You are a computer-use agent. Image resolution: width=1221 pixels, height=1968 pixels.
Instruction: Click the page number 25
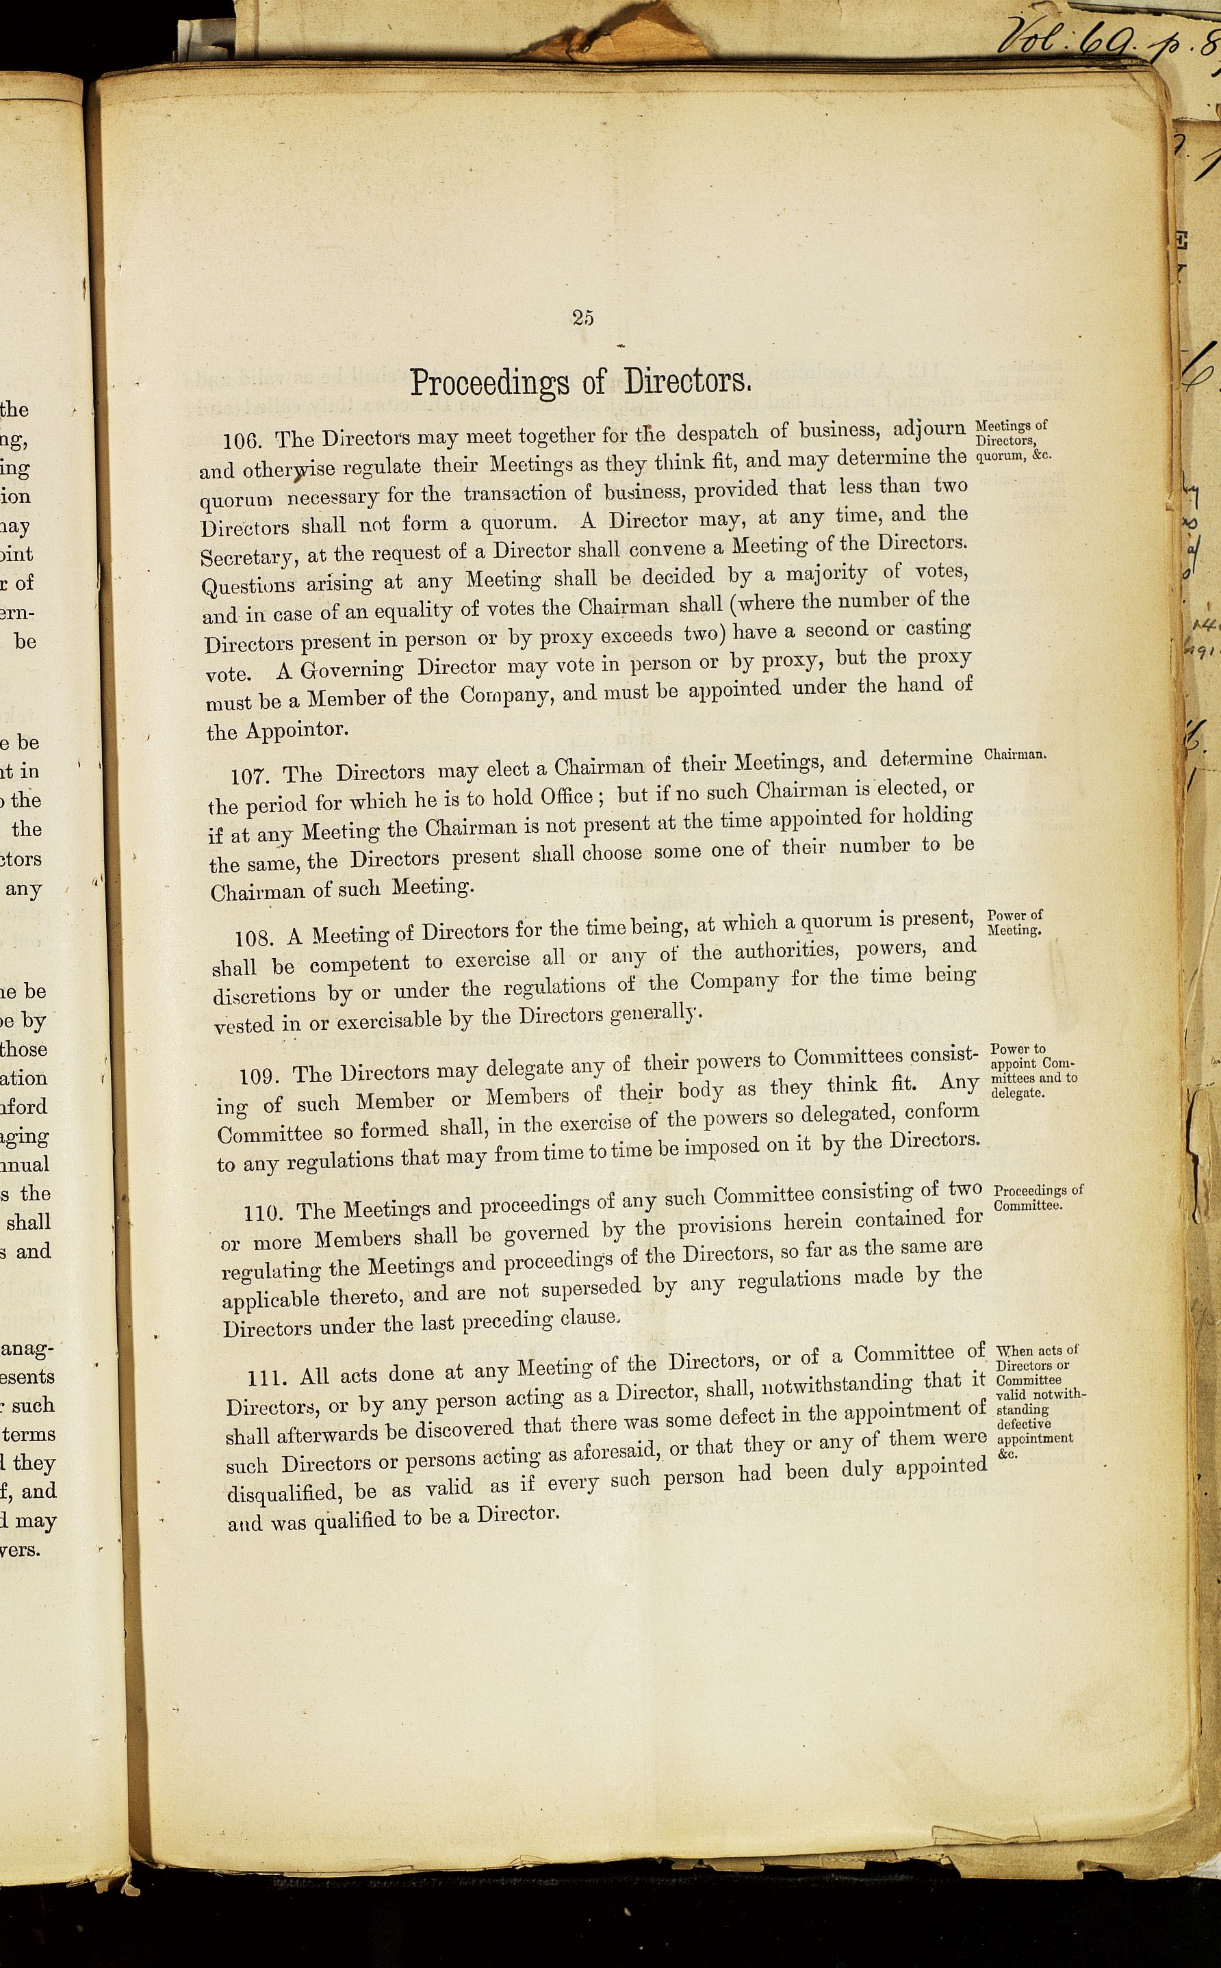coord(583,318)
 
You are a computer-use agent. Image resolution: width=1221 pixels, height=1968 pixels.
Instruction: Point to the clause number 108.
coord(253,939)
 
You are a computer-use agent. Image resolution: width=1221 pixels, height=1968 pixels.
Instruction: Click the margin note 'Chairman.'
coord(1015,755)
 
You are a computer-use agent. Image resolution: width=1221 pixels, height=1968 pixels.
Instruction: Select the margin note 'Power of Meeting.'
coord(1015,922)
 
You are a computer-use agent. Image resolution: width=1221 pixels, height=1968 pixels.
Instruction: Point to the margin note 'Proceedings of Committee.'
coord(1037,1198)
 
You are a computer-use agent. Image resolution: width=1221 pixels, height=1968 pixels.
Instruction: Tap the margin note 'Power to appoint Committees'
coord(1033,1071)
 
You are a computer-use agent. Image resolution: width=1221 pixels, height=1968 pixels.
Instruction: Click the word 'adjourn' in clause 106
coord(926,427)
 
